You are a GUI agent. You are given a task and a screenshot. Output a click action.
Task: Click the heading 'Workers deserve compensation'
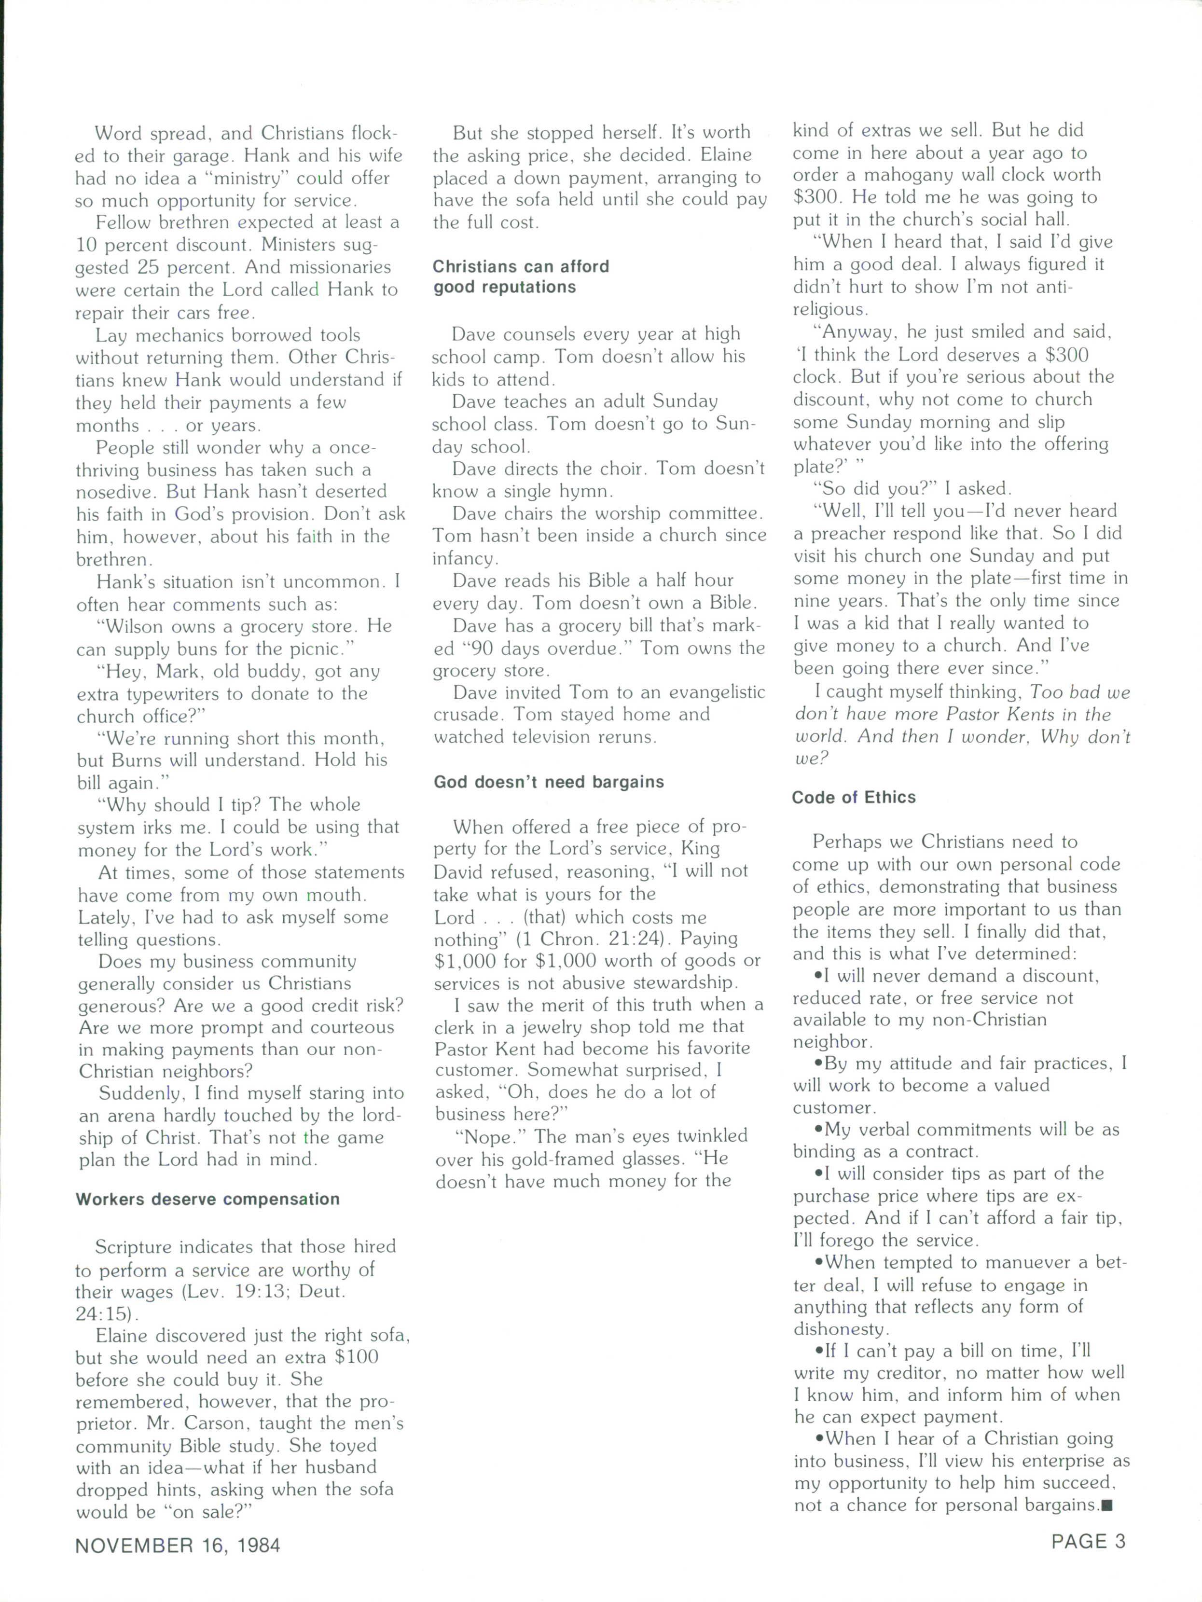[x=208, y=1199]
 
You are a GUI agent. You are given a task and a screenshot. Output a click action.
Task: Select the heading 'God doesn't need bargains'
[x=548, y=782]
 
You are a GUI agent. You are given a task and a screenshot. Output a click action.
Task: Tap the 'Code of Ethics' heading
[x=853, y=797]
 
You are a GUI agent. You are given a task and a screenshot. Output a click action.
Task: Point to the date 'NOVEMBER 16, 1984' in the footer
[x=178, y=1546]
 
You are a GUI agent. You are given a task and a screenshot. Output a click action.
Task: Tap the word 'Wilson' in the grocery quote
[x=138, y=626]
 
